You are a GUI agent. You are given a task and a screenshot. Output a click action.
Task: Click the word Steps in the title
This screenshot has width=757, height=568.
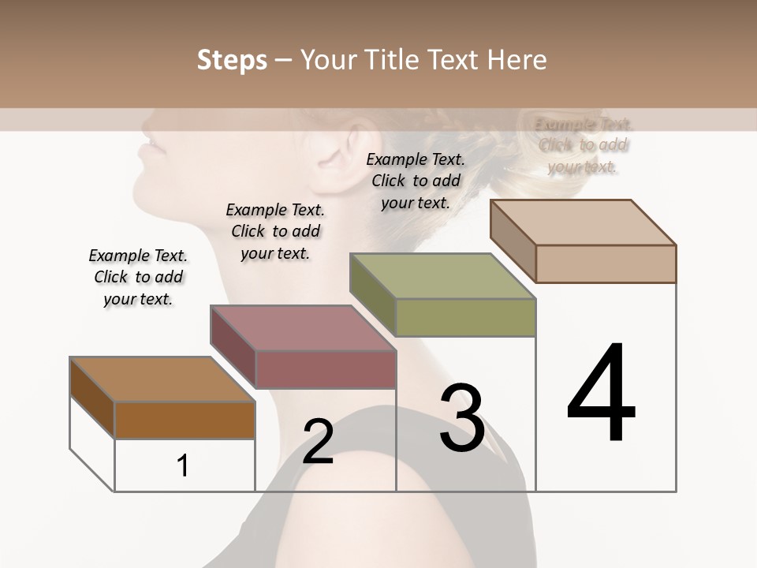click(x=232, y=60)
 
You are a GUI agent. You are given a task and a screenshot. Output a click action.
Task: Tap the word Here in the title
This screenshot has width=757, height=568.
click(x=517, y=60)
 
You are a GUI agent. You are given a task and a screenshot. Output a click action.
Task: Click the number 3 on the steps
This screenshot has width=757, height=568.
click(x=462, y=418)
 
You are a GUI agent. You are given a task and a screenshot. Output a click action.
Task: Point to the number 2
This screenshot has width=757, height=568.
click(x=318, y=441)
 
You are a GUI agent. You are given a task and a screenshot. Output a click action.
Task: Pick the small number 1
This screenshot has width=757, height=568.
click(x=183, y=465)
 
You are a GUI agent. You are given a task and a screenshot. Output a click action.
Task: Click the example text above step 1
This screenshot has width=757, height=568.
click(x=138, y=277)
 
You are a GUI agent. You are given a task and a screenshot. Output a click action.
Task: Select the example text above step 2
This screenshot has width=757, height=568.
click(x=275, y=231)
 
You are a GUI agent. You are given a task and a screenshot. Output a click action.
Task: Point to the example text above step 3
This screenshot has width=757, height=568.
click(x=416, y=181)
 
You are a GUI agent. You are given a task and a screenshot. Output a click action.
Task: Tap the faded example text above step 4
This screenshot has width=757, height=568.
click(x=584, y=145)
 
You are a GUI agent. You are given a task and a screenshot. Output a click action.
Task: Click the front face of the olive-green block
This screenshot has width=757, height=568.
click(x=465, y=318)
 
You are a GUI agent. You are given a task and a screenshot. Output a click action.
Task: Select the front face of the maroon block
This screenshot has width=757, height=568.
click(x=326, y=369)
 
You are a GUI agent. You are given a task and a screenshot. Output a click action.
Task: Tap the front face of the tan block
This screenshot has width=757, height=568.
click(x=606, y=263)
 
